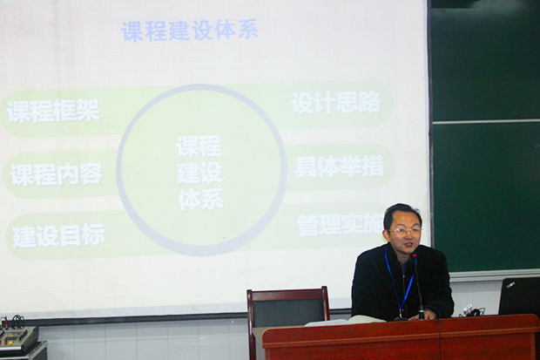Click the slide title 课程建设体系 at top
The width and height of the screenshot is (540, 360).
coord(189,31)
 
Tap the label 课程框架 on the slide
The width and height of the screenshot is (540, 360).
coord(53,111)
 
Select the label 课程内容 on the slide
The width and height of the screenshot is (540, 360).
coord(56,174)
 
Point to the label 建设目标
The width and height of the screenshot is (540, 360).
coord(58,235)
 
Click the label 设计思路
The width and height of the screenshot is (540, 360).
coord(336,102)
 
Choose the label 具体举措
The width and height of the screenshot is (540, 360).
coord(339,166)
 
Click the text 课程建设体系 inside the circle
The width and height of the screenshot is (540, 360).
coord(199,173)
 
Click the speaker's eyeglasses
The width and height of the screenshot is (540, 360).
coord(404,231)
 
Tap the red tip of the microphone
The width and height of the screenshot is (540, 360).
coord(415,256)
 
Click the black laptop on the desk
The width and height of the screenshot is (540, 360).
coord(519,295)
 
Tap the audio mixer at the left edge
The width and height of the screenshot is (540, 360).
coord(19,336)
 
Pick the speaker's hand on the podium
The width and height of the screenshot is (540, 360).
coord(429,314)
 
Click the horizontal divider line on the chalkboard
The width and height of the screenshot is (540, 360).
coord(486,121)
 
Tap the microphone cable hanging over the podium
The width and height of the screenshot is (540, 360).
coord(440,339)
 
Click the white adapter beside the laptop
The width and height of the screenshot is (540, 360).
coord(467,309)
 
